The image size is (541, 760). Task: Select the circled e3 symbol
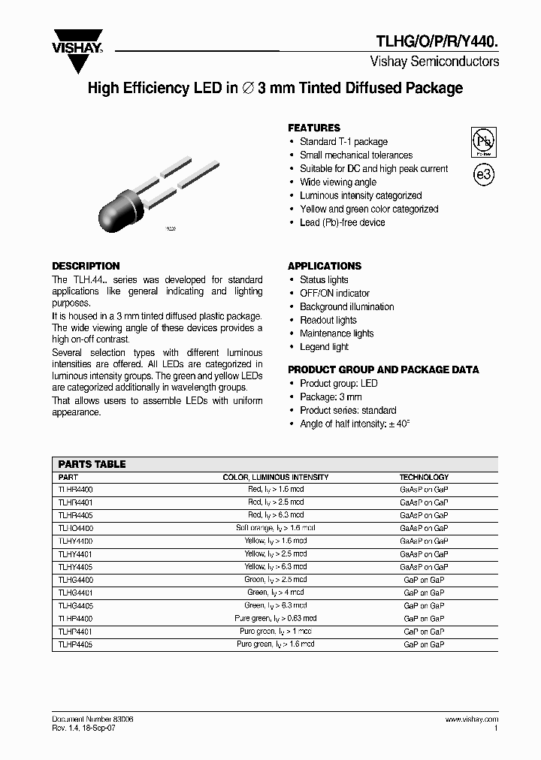coord(483,174)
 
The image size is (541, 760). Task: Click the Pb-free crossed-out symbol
coord(482,141)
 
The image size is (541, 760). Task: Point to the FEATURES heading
coord(314,128)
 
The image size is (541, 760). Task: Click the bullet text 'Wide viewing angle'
coord(337,182)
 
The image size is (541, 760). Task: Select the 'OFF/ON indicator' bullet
coord(334,294)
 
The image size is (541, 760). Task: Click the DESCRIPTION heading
coord(86,266)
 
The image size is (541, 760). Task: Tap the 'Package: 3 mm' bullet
coord(331,397)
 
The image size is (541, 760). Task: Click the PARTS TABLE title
coord(92,464)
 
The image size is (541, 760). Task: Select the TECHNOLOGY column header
coord(424,477)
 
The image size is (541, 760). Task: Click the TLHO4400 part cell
coord(75,528)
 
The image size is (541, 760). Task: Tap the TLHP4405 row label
coord(75,644)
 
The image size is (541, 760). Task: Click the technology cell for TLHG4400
coord(424,580)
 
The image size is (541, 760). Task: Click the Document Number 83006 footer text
coord(92,719)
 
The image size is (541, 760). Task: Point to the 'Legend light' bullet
coord(324,348)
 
